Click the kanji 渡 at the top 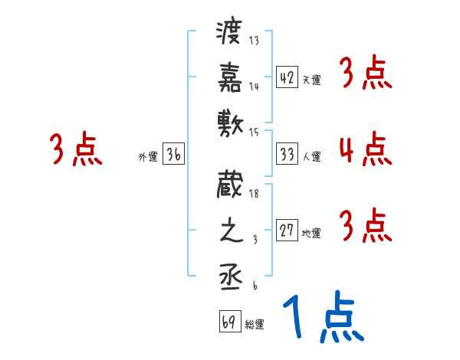229,33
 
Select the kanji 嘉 229,77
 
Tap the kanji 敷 229,122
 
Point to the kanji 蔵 229,188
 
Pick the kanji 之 229,233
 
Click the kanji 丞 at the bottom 229,277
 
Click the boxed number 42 287,77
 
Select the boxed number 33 287,153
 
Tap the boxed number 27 287,231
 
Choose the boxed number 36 173,154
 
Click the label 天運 311,80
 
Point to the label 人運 311,156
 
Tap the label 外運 148,157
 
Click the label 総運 255,324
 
